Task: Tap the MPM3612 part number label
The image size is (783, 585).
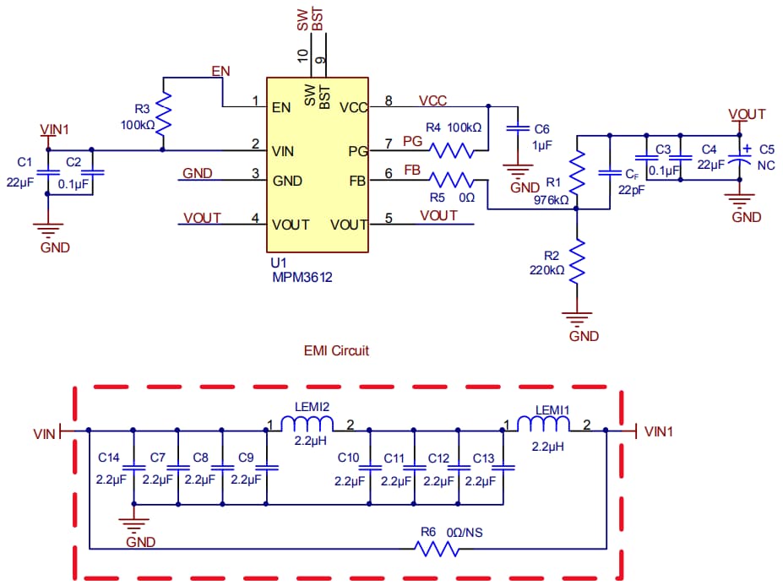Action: click(x=302, y=277)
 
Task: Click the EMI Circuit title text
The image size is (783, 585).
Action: click(x=336, y=349)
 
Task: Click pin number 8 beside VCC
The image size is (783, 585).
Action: click(x=389, y=101)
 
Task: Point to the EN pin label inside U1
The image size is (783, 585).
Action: click(x=282, y=107)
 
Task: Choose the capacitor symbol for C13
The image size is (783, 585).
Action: click(x=503, y=467)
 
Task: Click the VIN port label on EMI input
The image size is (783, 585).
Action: click(x=44, y=433)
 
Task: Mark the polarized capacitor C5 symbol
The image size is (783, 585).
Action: click(x=741, y=155)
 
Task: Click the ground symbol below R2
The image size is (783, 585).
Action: click(x=577, y=319)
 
